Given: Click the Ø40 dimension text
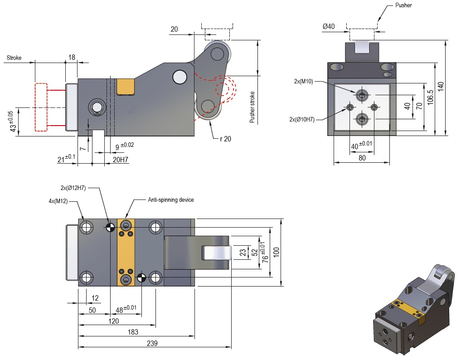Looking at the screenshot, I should coord(329,27).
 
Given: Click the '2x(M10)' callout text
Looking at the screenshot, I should coord(303,81).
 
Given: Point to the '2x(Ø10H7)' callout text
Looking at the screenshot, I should coord(302,119).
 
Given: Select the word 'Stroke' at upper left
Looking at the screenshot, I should coord(14,58).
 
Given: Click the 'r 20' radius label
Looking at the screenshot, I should coord(225,139).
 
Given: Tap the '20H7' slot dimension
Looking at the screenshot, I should coord(120,159).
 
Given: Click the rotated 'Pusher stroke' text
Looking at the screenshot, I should coord(252,107).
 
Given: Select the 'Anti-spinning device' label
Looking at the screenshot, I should coord(170,199).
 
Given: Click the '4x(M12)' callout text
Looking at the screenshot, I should coord(58,201).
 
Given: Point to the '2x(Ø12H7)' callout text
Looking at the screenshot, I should coord(73,188).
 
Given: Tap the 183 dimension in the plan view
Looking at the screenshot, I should coord(133,332).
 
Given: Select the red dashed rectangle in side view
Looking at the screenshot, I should coord(41,107).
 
